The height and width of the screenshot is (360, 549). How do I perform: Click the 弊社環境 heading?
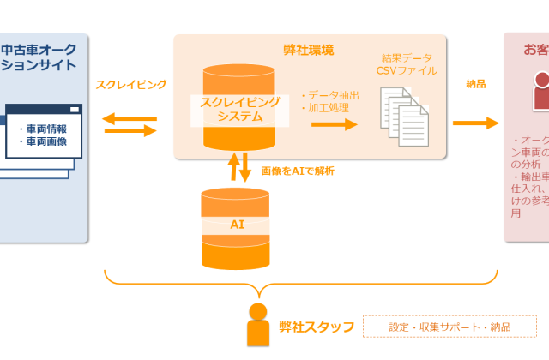click(x=309, y=50)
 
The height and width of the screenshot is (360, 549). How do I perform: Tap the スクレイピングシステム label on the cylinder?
click(x=239, y=109)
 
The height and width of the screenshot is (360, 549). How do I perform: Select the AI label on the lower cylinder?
click(x=238, y=224)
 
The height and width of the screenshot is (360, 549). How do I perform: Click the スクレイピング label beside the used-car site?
click(x=130, y=85)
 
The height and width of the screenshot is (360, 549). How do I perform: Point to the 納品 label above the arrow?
click(x=476, y=84)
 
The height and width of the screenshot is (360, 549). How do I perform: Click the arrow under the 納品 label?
click(x=475, y=123)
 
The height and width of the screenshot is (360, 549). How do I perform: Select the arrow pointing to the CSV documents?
click(x=334, y=124)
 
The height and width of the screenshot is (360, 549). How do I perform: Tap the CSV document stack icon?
click(x=404, y=114)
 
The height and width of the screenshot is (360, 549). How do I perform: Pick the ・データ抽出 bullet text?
click(x=330, y=95)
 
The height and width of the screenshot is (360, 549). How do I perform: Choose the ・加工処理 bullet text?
click(x=325, y=108)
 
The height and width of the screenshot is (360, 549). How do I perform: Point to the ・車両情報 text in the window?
click(x=43, y=129)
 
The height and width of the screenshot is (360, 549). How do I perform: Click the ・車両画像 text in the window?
click(x=43, y=142)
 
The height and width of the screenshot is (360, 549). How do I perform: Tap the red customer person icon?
click(x=541, y=91)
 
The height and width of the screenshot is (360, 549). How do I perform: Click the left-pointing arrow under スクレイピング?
click(x=130, y=118)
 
